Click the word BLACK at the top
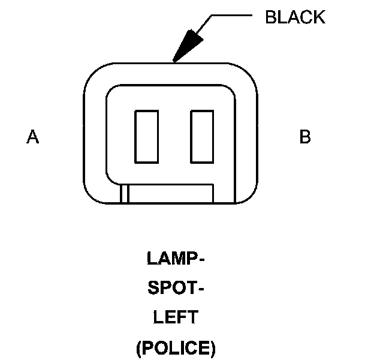point(295,17)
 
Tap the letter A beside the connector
point(32,137)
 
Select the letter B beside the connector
point(304,137)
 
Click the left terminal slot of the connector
point(146,136)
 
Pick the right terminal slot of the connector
point(202,136)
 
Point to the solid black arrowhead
point(187,46)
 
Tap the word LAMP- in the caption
point(176,259)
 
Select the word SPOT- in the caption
point(176,289)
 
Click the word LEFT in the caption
point(176,317)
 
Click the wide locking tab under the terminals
point(171,194)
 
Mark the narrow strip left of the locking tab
point(124,194)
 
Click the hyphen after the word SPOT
point(201,290)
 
